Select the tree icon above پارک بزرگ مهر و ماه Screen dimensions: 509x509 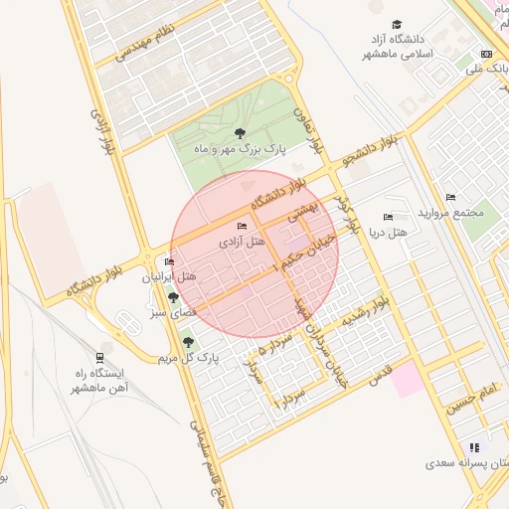238,132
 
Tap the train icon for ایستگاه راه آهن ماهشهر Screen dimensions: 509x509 100,358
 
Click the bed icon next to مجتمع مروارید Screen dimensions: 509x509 451,198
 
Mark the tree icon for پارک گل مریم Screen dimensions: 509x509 188,343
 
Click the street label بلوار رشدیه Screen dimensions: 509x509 370,312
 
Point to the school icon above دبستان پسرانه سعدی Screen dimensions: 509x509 474,447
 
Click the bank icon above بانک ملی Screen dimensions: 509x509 486,54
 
